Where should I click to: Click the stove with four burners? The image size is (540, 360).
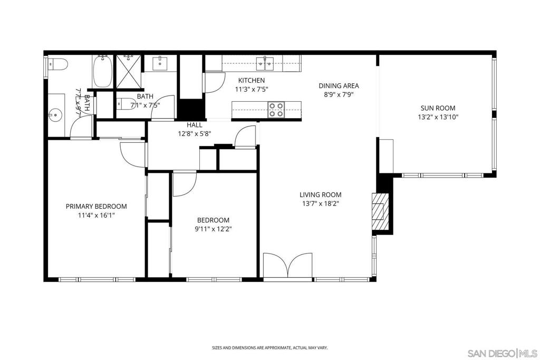(x=275, y=109)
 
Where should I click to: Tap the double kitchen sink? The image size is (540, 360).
(x=265, y=64)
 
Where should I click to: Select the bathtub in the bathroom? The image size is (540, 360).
(x=102, y=71)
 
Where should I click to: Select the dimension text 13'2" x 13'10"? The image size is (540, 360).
(x=438, y=118)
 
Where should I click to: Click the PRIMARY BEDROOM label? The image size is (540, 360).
(x=96, y=207)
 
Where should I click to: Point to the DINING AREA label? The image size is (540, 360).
(x=339, y=85)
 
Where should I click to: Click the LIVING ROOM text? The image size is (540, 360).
(x=321, y=194)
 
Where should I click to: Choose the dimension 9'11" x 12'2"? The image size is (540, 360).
(x=214, y=229)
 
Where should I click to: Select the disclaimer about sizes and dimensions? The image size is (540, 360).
(x=269, y=348)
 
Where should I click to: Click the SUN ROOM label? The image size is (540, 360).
(x=438, y=109)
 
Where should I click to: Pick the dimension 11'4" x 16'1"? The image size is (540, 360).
(x=96, y=216)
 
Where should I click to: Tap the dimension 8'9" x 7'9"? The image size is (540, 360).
(x=339, y=95)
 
